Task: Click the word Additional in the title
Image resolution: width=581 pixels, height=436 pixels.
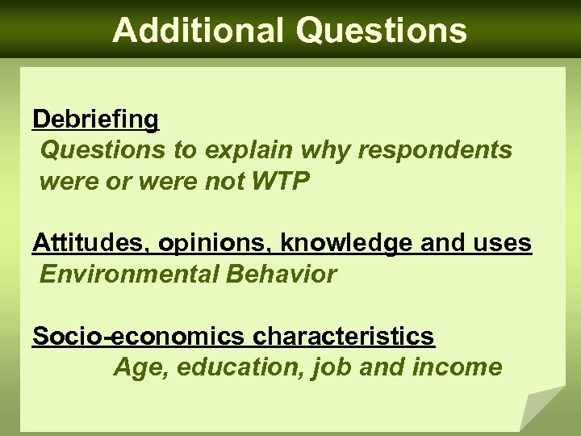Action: tap(198, 30)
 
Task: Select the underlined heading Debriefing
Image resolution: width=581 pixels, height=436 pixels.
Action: tap(96, 119)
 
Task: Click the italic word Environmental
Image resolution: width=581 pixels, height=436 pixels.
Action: tap(132, 275)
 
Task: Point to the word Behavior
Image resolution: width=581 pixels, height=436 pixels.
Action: tap(283, 275)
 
